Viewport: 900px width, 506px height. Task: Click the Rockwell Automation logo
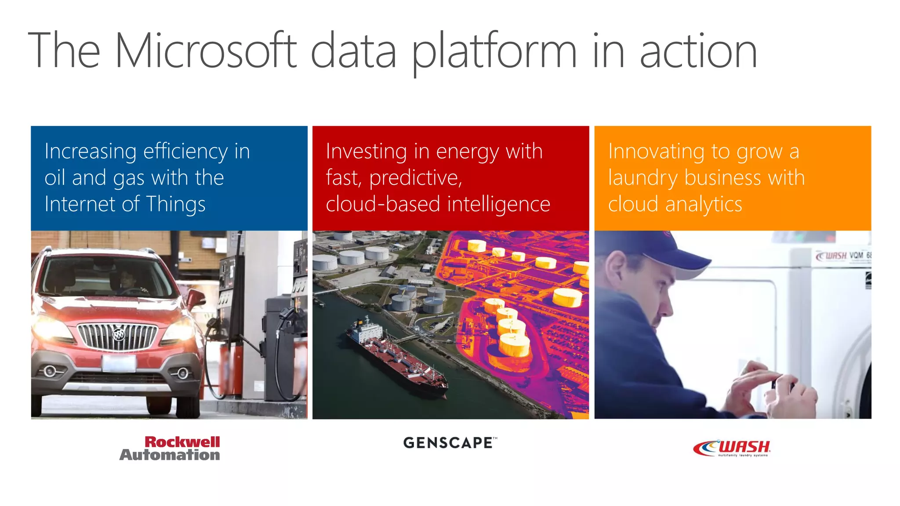tap(170, 448)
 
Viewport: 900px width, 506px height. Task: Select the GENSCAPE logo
tap(449, 443)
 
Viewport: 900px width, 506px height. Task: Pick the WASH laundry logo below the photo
tap(732, 448)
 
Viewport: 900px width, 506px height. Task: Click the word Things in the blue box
tap(176, 204)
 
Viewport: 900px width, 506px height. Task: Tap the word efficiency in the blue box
tap(185, 152)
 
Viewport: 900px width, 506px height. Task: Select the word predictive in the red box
tap(415, 178)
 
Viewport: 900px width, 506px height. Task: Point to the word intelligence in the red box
tap(499, 204)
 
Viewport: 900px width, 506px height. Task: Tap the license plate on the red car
tap(119, 364)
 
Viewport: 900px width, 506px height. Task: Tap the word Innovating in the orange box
tap(657, 152)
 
